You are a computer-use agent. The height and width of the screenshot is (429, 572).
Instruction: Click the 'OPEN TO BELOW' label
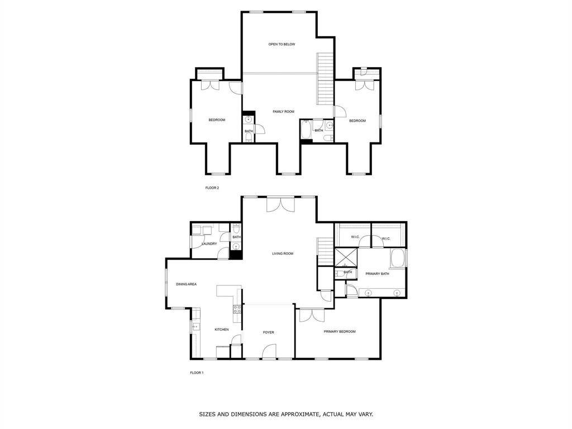(282, 44)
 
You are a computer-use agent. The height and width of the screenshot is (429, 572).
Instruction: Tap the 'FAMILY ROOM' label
(283, 112)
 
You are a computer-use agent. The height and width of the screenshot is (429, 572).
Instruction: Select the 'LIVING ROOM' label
(283, 254)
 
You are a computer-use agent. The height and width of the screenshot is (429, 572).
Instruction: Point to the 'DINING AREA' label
(187, 284)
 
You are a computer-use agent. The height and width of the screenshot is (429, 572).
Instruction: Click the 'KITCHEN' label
(221, 330)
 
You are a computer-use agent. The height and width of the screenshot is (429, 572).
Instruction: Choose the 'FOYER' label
(269, 332)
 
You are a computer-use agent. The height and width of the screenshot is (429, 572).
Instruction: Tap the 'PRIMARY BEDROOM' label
(340, 332)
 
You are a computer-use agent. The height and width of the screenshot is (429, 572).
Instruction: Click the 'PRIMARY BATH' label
(377, 274)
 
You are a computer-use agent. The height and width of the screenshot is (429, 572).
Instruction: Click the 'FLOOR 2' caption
(212, 188)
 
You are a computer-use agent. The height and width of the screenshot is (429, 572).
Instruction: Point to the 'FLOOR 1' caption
(197, 373)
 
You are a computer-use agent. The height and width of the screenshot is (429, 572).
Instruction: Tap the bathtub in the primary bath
(398, 258)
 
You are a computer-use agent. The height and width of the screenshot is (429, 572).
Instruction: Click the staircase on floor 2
(325, 79)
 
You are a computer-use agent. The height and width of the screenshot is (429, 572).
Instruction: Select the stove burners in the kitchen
(237, 309)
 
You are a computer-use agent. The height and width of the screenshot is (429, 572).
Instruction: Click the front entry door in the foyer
(269, 351)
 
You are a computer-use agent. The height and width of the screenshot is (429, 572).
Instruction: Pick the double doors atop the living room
(280, 204)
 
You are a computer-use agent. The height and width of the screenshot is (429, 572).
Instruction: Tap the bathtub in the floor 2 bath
(306, 129)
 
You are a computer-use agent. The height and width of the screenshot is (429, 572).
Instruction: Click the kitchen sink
(196, 326)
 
